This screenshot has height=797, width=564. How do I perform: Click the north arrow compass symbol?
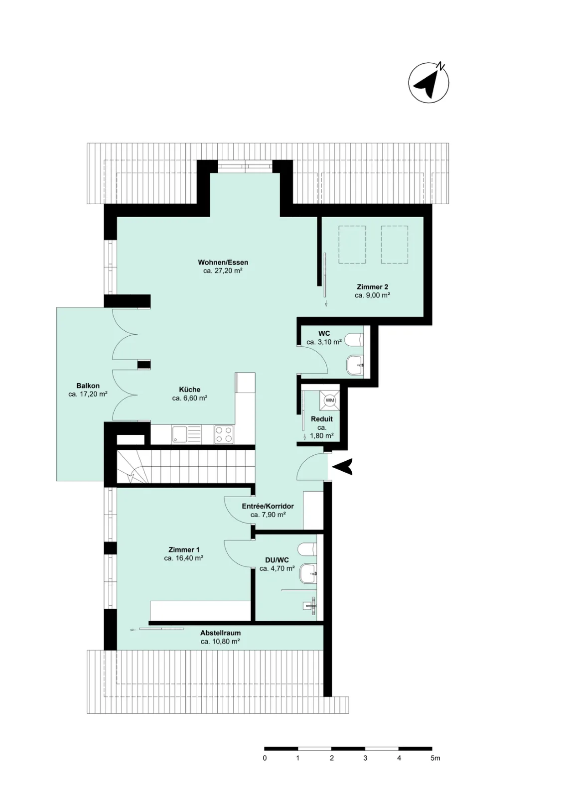coord(428,83)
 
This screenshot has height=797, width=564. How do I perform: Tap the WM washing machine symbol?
coord(330,400)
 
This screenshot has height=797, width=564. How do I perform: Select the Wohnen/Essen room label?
coord(223,263)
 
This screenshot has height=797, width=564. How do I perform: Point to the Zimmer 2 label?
coord(373,287)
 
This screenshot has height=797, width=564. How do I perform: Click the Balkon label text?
coord(88,386)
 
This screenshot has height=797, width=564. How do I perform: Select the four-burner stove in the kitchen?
coord(224,434)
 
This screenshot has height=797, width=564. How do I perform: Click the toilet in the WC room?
coord(355,339)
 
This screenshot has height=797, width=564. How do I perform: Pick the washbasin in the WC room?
coord(355,365)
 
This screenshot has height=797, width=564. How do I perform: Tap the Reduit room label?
coord(322,419)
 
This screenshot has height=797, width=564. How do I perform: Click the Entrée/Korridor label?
coord(268,506)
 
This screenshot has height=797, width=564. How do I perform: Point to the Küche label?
coord(190,390)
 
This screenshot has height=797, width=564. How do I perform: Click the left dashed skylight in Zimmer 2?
coord(352,245)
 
